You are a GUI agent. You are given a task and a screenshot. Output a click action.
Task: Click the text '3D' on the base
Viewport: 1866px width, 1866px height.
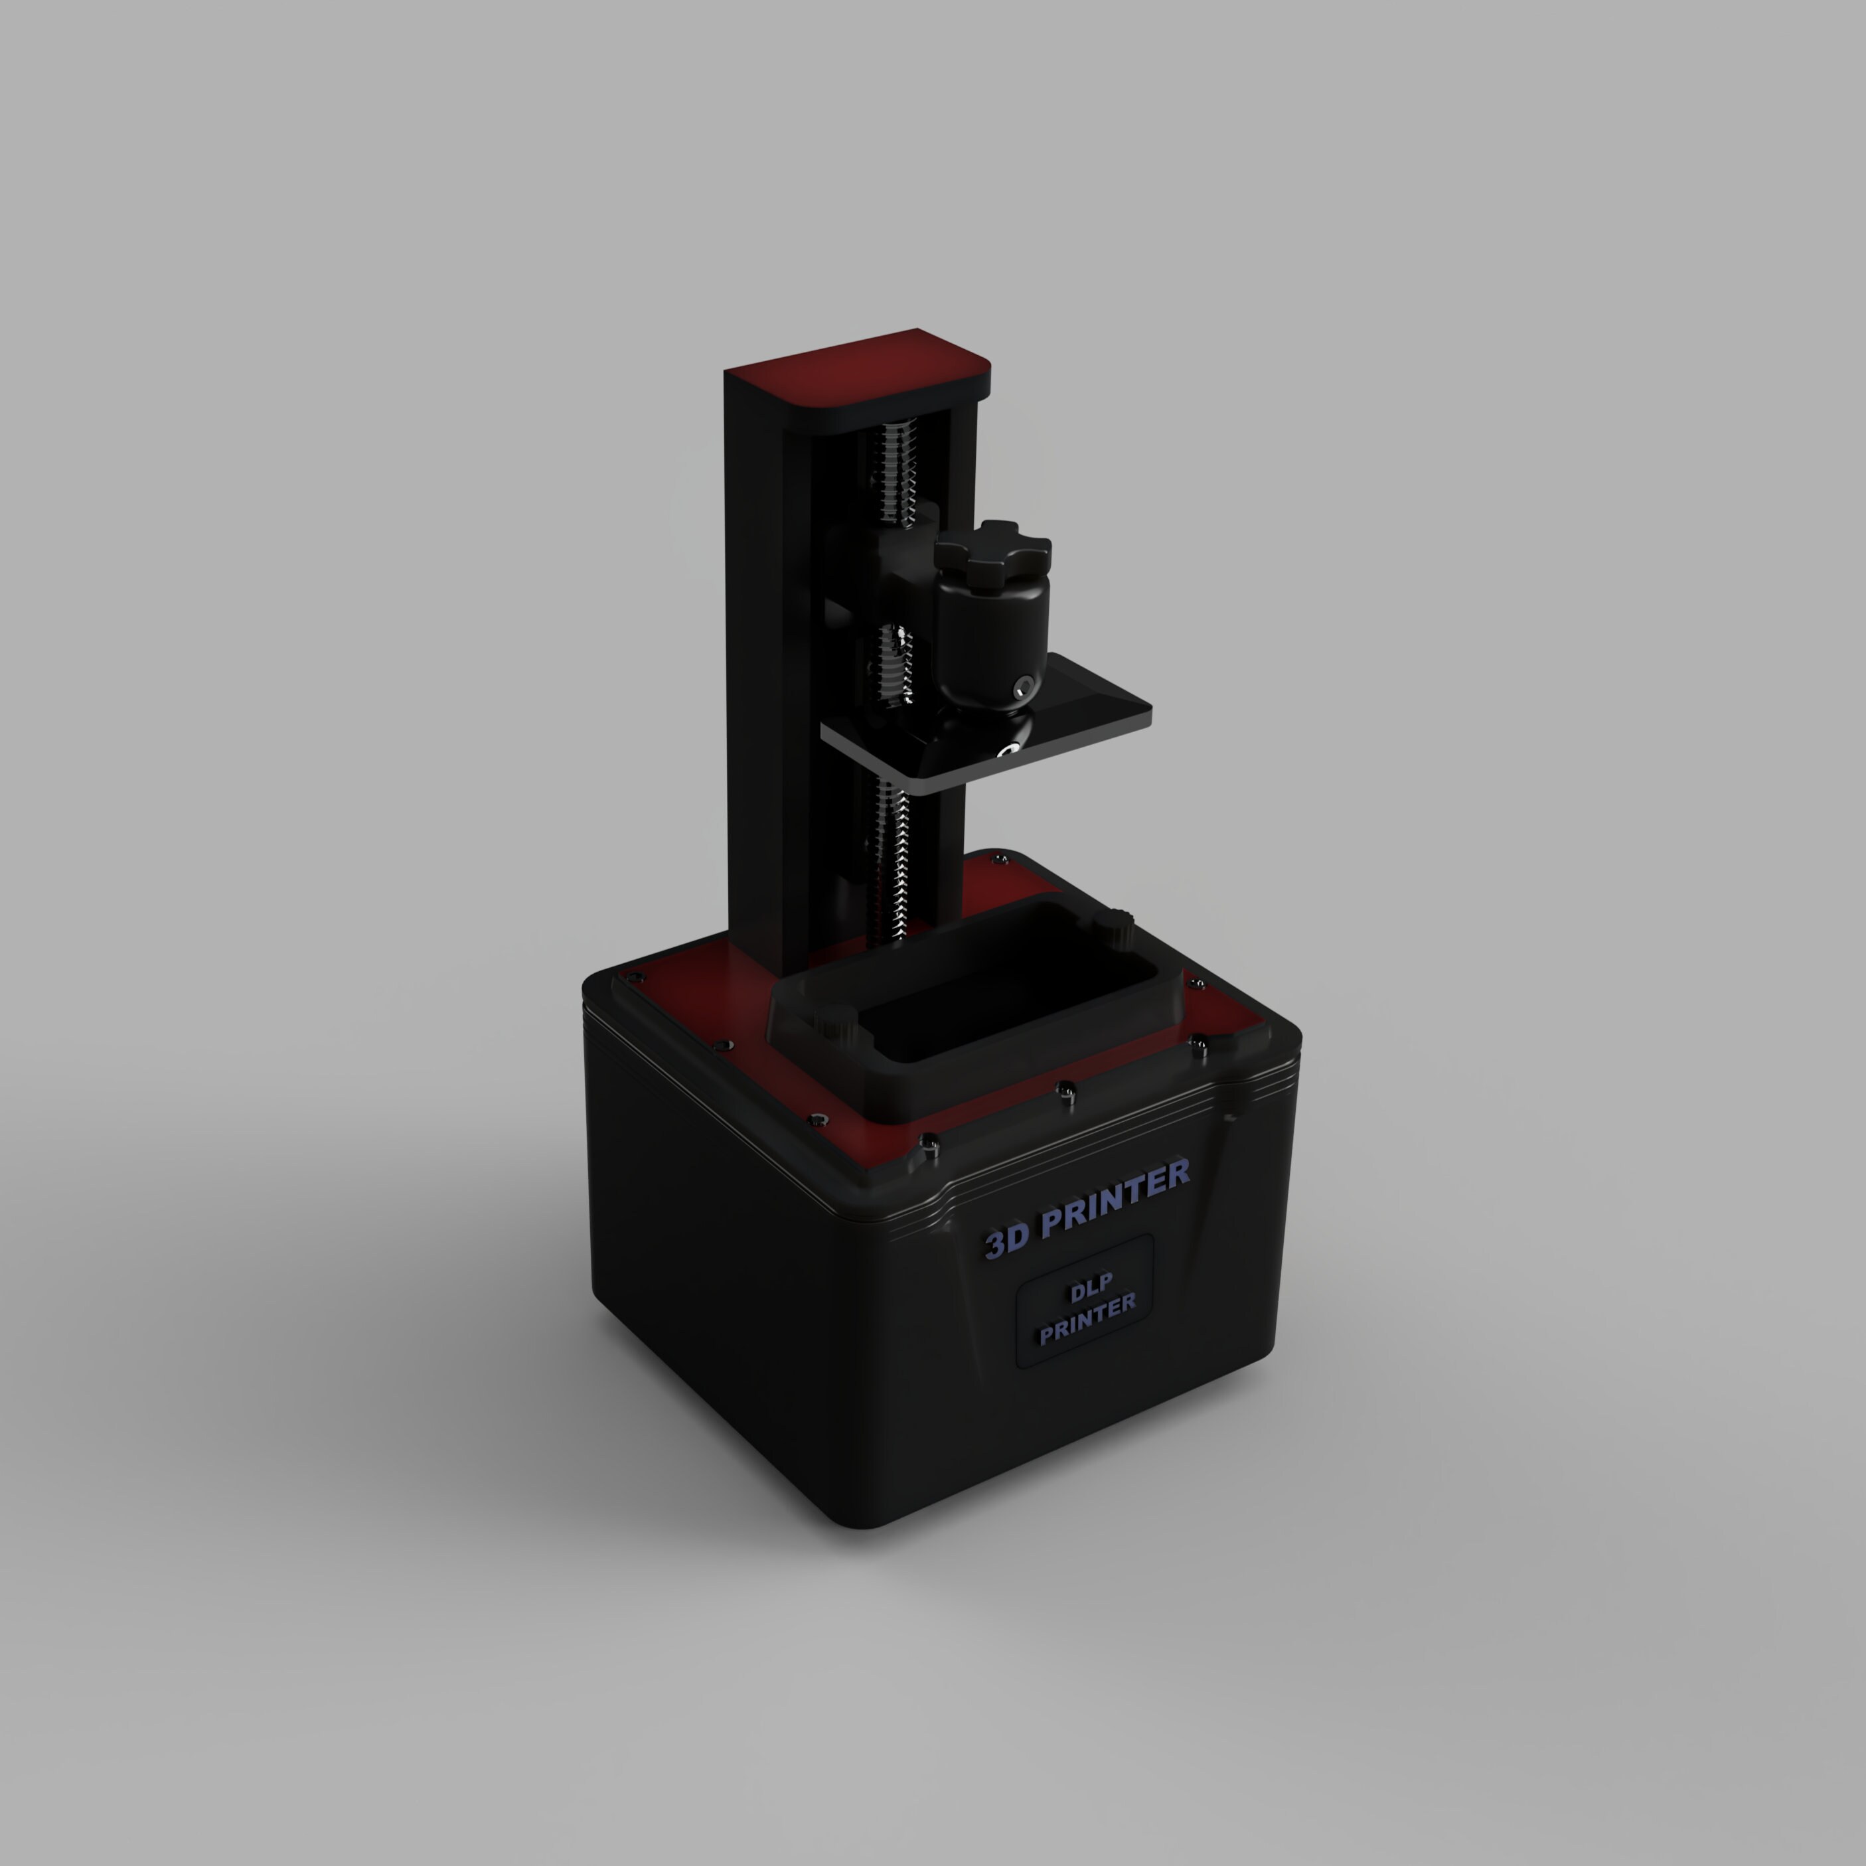tap(1006, 1239)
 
